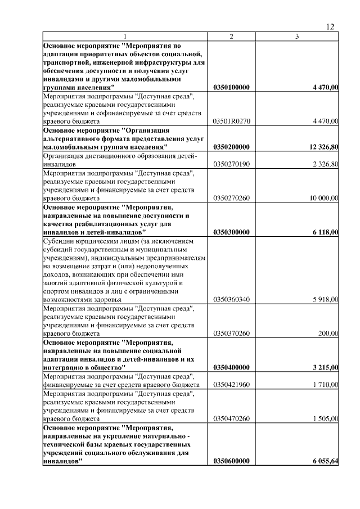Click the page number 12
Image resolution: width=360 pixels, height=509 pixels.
(331, 26)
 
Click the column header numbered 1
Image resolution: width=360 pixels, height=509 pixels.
(125, 37)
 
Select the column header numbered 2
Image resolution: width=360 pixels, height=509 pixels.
(231, 37)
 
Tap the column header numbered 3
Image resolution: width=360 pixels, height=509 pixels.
(298, 37)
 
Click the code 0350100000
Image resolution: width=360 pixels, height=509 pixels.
(232, 88)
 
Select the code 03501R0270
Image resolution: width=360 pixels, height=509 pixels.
(232, 121)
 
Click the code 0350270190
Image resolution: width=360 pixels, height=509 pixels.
(232, 164)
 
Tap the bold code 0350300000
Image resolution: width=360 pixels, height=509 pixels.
(232, 232)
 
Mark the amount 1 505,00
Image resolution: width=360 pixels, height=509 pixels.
(325, 418)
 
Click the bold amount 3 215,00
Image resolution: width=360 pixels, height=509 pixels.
(325, 367)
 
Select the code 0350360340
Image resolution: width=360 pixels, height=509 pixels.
(232, 299)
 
